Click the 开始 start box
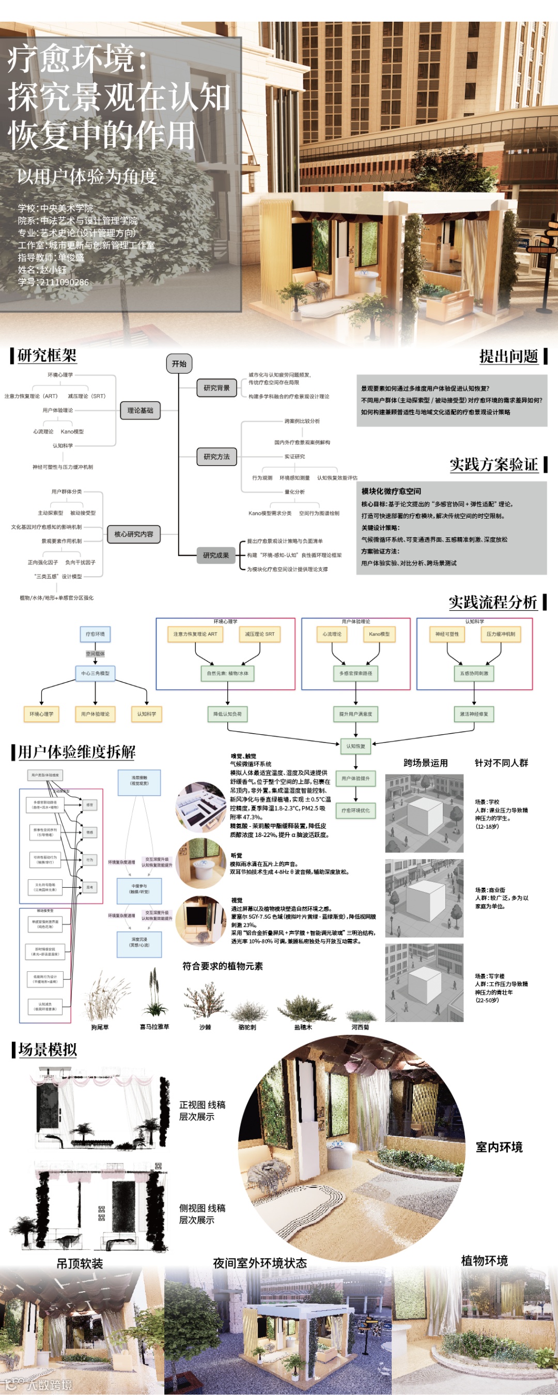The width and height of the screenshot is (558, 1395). [179, 363]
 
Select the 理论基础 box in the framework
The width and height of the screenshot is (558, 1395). [141, 410]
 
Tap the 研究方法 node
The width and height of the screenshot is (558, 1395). [216, 457]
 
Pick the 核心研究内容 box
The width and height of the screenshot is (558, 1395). [134, 534]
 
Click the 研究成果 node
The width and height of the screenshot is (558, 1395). [216, 555]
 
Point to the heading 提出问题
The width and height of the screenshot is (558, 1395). [509, 357]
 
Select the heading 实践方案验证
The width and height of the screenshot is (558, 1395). [493, 464]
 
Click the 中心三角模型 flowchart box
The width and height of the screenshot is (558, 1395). [96, 673]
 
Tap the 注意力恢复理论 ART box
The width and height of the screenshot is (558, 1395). [195, 634]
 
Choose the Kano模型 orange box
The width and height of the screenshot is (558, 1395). [379, 634]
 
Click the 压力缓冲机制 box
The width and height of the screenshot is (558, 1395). [501, 634]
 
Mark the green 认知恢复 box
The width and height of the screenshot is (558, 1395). [355, 746]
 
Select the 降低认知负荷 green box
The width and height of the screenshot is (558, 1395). [227, 714]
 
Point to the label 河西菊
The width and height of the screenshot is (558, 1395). [360, 1027]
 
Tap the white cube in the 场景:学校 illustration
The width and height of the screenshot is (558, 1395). [425, 817]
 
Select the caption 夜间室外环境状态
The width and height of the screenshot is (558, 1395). [260, 1263]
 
